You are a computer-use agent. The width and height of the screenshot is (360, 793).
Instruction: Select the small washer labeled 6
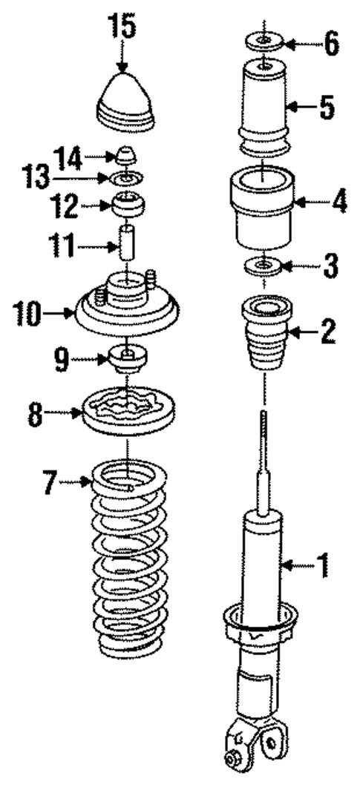pos(264,42)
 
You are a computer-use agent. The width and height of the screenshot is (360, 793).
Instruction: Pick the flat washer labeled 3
pos(264,265)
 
